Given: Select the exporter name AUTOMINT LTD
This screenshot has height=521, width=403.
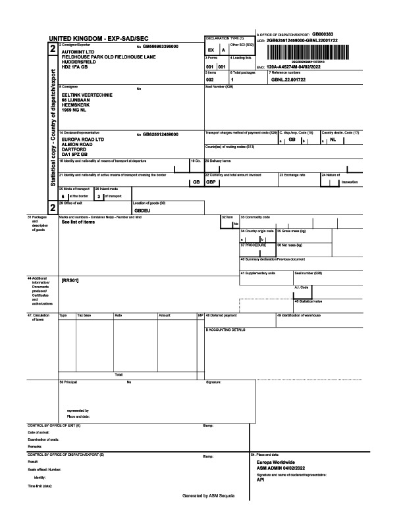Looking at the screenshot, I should point(79,51).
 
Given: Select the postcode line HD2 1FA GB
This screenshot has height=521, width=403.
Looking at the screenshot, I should point(74,66).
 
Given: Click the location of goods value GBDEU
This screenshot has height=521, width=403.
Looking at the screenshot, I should point(143,210).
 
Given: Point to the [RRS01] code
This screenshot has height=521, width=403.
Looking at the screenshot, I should point(70,281).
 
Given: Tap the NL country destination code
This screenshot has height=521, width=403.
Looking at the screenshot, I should point(333,139).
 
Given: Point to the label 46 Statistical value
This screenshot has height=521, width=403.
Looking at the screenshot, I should point(308,301).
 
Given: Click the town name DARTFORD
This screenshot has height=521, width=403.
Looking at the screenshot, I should point(74,150).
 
